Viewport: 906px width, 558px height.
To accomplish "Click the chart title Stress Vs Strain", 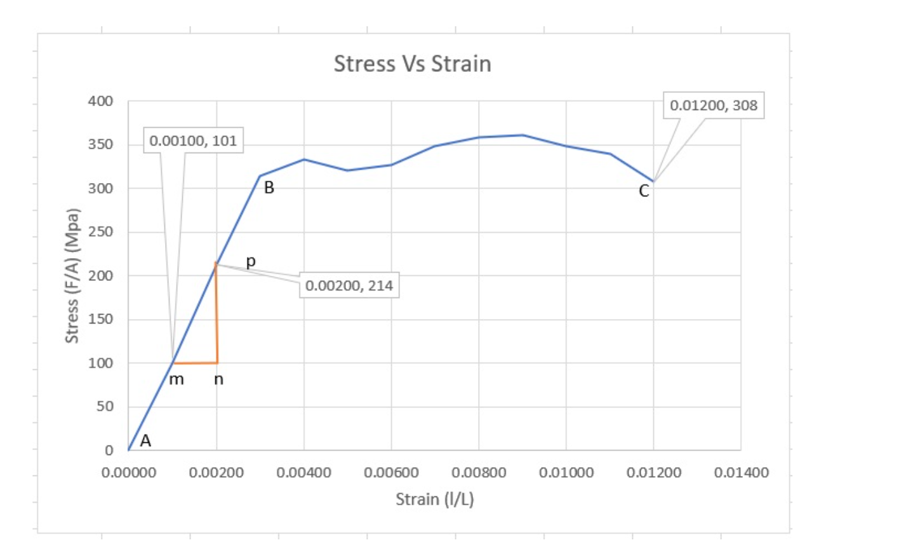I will click(x=412, y=64).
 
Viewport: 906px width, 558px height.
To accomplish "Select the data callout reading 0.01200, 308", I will click(x=714, y=105).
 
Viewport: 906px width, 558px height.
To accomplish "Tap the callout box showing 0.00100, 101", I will click(x=193, y=140).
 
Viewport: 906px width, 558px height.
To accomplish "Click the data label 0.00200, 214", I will click(x=349, y=286).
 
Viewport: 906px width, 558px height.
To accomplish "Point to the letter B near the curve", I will click(x=269, y=187).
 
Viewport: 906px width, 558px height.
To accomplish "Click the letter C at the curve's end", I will click(x=644, y=191).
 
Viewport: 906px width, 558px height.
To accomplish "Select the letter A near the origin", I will click(x=145, y=440).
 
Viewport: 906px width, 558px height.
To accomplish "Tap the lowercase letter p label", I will click(x=251, y=261).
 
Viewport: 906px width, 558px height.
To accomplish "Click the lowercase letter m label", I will click(x=177, y=379).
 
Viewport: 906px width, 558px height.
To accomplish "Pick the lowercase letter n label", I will click(x=218, y=379).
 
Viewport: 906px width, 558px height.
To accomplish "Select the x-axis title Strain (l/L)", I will click(x=435, y=500).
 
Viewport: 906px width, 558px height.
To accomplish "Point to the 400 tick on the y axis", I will click(x=100, y=101).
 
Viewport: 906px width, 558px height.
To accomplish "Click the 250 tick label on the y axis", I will click(x=100, y=232).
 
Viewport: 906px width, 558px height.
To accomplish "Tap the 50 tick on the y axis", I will click(x=105, y=406).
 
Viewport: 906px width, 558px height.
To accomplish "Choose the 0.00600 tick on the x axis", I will click(x=391, y=473).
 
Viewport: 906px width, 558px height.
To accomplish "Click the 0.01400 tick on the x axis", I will click(x=741, y=473).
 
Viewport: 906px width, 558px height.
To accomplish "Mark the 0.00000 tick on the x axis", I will click(x=129, y=473).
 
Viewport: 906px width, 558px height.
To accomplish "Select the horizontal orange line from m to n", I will click(x=195, y=363).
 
